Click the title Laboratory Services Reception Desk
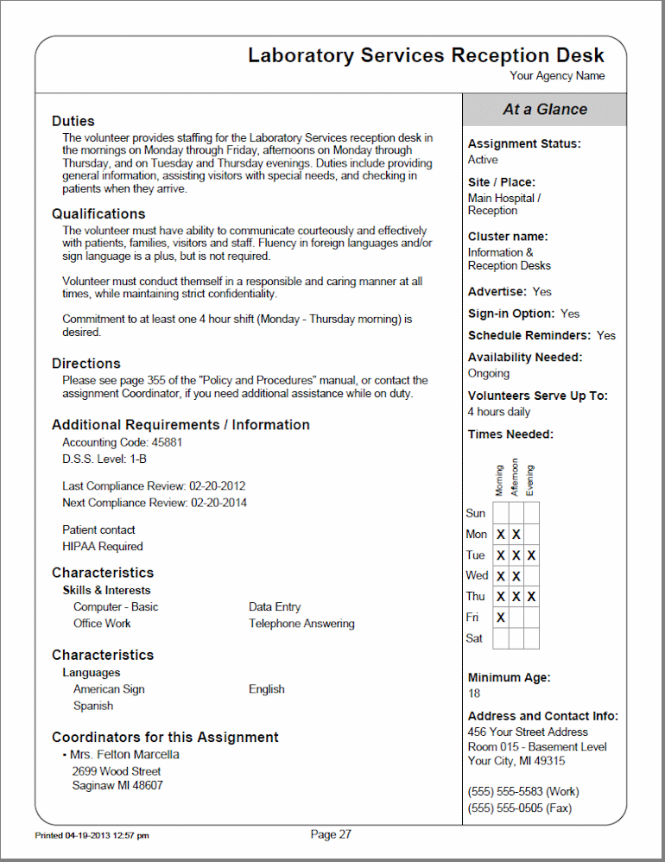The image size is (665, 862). coord(426,55)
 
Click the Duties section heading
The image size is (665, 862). coord(73,121)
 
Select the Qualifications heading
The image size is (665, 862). coord(98,213)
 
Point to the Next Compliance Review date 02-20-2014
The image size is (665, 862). coord(218,503)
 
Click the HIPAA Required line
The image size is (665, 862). coord(103,547)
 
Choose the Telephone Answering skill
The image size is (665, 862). coord(301,624)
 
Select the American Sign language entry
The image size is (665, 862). coord(109,689)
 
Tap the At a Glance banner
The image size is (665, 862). coord(544,110)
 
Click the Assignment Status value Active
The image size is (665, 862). coord(483,160)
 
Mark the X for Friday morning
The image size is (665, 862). coord(501,618)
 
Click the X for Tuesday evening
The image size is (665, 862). coord(531,555)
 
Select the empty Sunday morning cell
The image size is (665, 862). coord(501,513)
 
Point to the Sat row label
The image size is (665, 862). coord(474,638)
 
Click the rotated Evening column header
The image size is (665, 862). coord(530,480)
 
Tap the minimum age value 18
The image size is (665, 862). coord(474,694)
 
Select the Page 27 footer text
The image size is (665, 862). coord(331,834)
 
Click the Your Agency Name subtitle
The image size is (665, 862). coord(557,76)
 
